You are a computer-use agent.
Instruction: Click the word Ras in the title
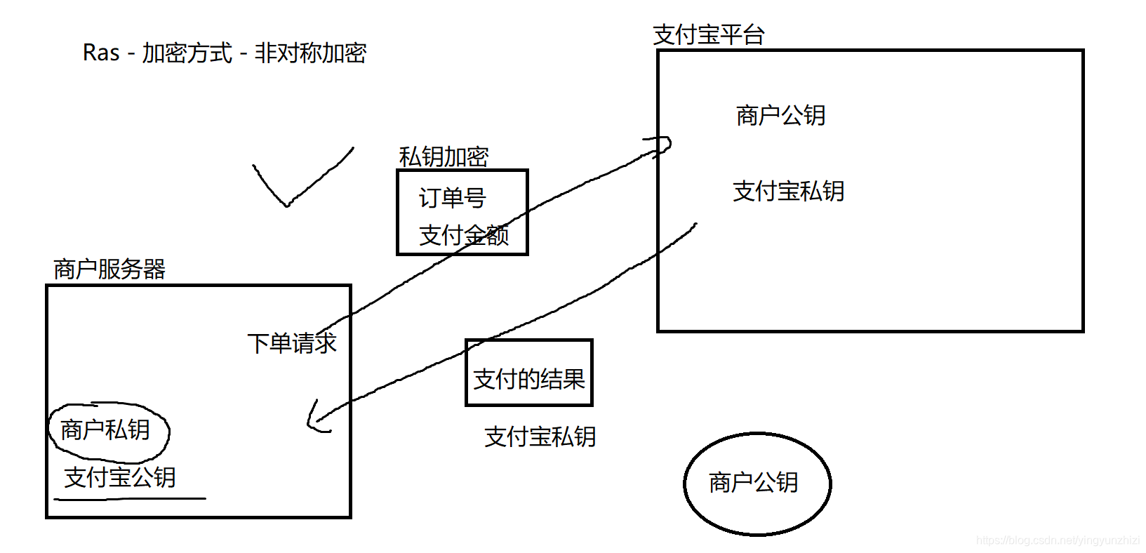click(101, 53)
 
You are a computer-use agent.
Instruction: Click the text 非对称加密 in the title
click(310, 53)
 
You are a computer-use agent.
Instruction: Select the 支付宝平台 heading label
click(708, 34)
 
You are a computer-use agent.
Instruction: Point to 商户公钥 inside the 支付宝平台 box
click(780, 115)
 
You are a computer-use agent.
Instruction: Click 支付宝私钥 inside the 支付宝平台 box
click(788, 191)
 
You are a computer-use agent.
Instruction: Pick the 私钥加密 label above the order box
click(444, 156)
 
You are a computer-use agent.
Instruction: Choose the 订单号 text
click(453, 198)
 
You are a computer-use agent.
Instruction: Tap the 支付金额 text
click(463, 235)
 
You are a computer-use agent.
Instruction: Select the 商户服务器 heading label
click(109, 269)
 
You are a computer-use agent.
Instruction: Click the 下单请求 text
click(292, 343)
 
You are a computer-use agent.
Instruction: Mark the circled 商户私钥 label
click(105, 429)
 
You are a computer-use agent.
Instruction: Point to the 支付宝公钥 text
click(120, 477)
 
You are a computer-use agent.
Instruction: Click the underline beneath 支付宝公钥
click(130, 499)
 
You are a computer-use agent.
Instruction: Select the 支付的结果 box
click(529, 373)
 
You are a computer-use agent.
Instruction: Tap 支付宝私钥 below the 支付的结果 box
click(540, 437)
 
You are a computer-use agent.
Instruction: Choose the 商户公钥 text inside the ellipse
click(754, 483)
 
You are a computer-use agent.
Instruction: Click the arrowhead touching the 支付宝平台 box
click(662, 145)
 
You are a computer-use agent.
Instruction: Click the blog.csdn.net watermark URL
click(1058, 540)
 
